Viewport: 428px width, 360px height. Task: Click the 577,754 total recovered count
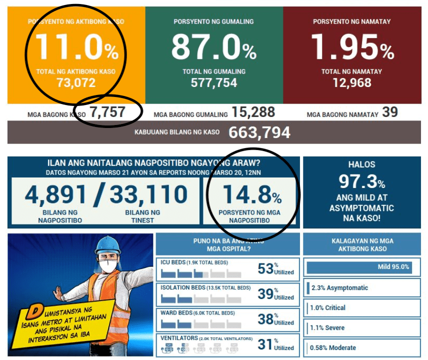tap(213, 83)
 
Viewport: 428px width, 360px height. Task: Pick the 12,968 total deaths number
tap(351, 83)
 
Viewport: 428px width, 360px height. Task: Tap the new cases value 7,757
tap(107, 112)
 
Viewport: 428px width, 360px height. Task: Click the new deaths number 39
tap(390, 112)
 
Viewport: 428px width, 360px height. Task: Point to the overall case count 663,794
tap(259, 132)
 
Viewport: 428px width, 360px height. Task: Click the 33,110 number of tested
tap(148, 195)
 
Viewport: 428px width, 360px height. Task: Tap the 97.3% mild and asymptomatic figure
tap(361, 181)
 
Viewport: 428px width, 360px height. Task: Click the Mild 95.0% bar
tap(359, 267)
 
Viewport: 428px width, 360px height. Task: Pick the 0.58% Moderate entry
tap(333, 347)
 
